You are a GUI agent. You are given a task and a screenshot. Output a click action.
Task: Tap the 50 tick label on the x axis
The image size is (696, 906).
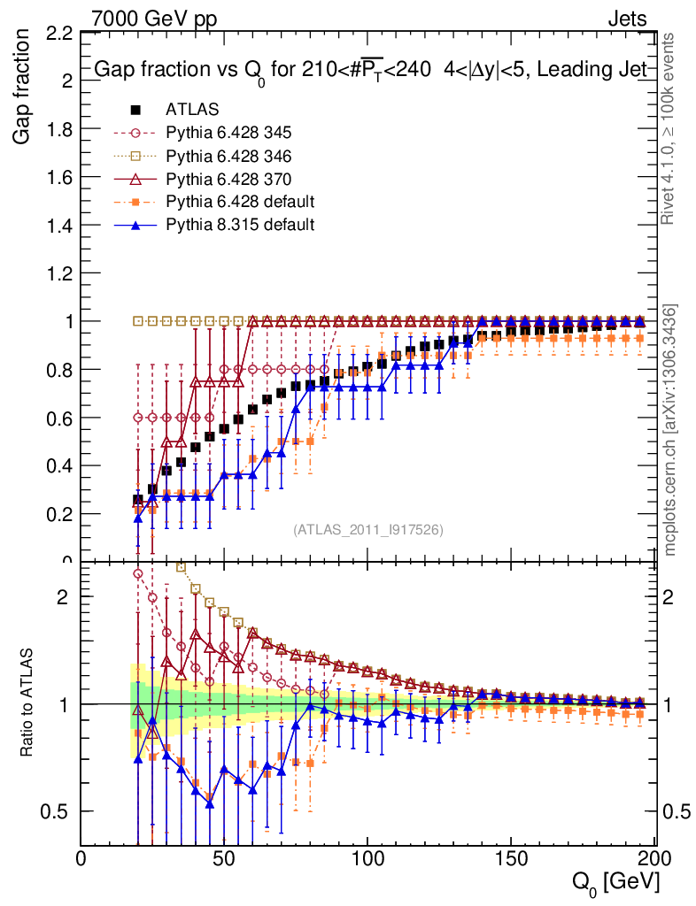225,859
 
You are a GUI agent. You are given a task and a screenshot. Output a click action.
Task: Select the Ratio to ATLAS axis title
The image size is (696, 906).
27,698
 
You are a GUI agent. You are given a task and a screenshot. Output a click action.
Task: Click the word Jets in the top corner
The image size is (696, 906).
627,18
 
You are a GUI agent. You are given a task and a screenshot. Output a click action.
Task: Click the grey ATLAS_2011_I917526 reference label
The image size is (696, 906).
367,530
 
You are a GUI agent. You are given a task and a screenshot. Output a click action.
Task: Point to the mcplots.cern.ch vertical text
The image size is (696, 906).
671,431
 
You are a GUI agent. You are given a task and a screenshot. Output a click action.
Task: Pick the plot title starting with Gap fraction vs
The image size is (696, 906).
373,69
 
